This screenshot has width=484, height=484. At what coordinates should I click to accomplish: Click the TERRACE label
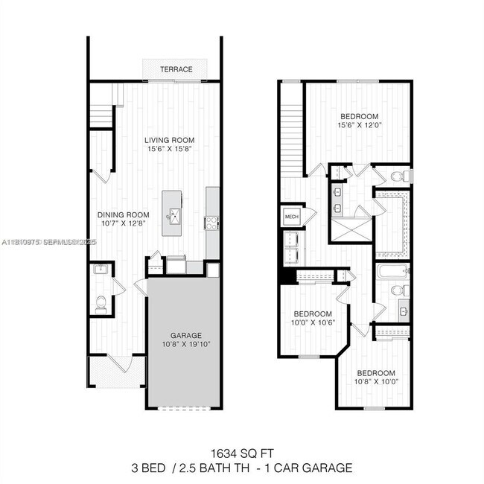[176, 69]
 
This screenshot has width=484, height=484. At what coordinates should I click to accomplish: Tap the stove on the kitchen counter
[211, 221]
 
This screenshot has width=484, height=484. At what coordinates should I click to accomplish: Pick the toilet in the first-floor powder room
[101, 303]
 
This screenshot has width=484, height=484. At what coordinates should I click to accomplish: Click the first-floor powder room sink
[100, 270]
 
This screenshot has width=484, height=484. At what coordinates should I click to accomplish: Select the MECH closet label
[290, 217]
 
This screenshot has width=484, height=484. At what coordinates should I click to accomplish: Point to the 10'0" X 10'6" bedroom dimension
[312, 323]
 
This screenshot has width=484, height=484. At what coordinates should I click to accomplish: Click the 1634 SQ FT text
[241, 453]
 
